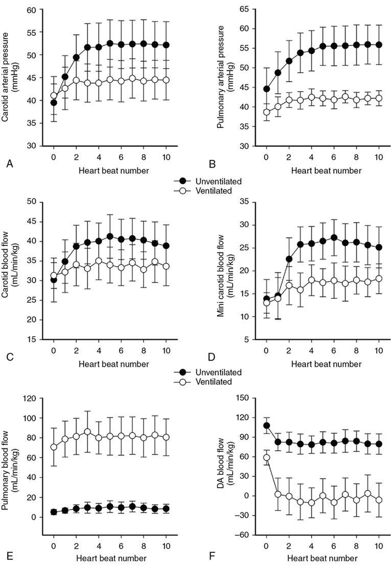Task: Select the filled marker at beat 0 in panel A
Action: click(x=54, y=102)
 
